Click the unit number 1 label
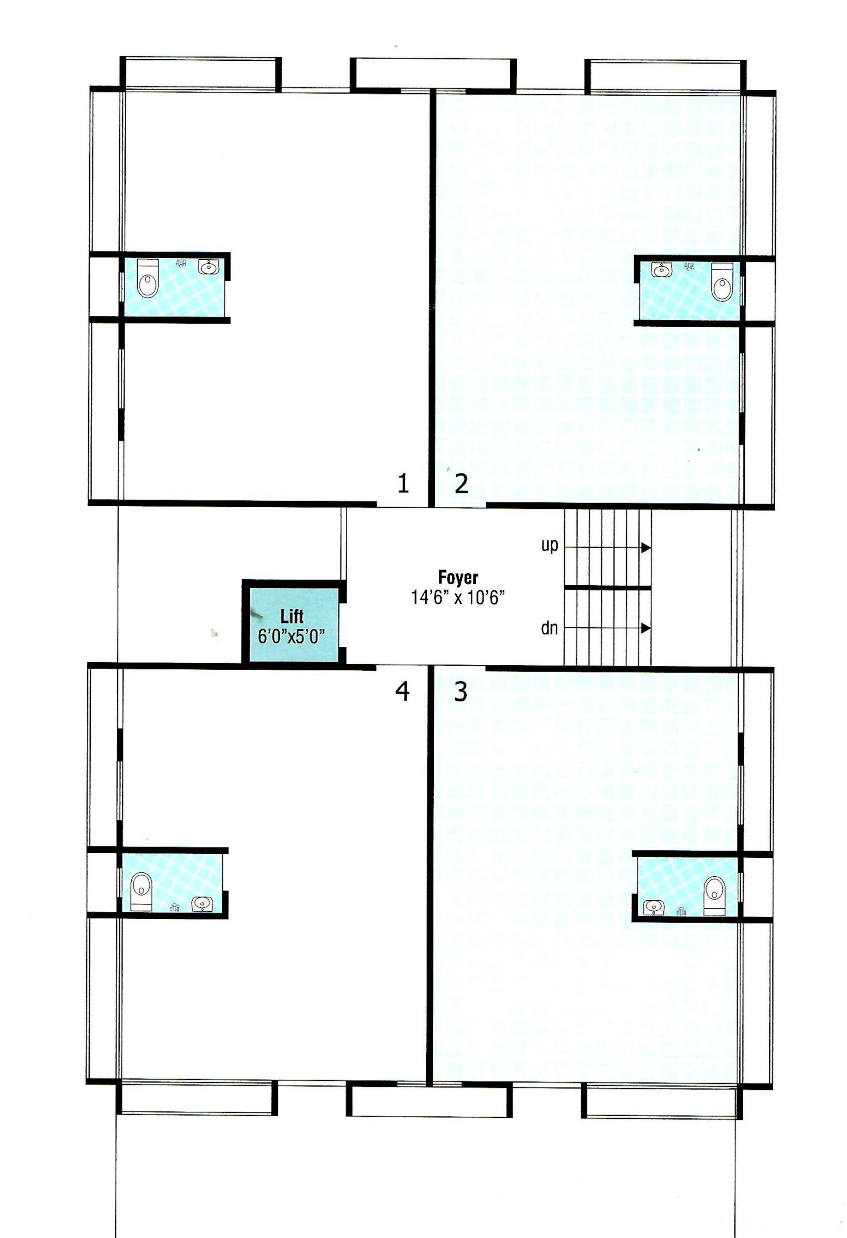tap(403, 483)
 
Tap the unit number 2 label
tap(461, 483)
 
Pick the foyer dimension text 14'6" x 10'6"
tap(458, 597)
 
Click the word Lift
tap(292, 616)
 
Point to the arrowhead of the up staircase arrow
tap(645, 548)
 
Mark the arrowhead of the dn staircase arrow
tap(645, 629)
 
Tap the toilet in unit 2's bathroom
tap(722, 282)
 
